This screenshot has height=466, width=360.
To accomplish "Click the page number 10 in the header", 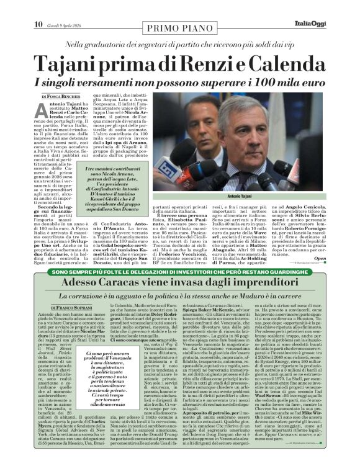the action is point(20,8).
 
